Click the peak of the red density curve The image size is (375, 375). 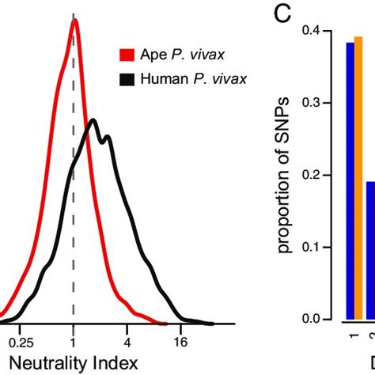coord(74,21)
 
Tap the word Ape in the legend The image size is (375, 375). coord(153,55)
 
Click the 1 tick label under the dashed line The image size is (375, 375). coord(73,343)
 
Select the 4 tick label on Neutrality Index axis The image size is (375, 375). coord(127,343)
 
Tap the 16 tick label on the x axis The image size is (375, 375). coord(180,343)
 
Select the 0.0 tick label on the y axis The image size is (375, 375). coord(309,320)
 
